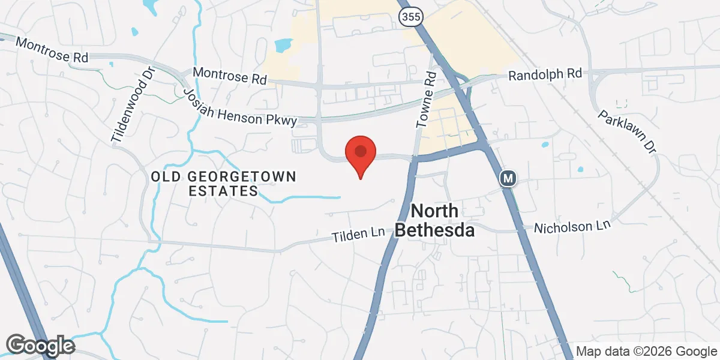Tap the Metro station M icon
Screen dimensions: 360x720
[x=508, y=178]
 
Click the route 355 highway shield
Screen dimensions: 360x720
[x=407, y=17]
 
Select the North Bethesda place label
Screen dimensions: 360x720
[x=435, y=220]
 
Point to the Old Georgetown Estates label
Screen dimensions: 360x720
[x=224, y=184]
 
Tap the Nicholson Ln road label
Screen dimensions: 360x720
[x=572, y=227]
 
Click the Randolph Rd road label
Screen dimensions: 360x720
[x=545, y=74]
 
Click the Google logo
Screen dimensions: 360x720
[x=40, y=345]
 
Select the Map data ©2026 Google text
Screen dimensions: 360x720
[x=646, y=351]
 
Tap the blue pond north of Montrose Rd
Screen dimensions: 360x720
[x=282, y=45]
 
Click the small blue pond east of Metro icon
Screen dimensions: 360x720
[x=545, y=145]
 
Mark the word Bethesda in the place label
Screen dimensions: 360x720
[x=435, y=230]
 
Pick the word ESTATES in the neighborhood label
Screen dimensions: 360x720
[x=223, y=191]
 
